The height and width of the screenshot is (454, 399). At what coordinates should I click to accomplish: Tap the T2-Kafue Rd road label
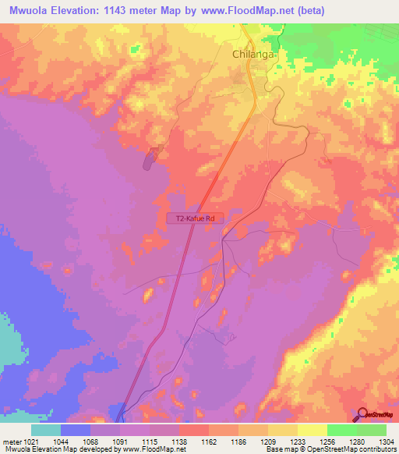coord(196,219)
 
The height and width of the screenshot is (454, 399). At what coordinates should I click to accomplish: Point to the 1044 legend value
coord(61,442)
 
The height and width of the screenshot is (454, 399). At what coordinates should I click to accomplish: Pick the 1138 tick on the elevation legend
coord(179,442)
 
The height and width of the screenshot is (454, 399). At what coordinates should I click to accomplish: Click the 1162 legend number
coord(209,442)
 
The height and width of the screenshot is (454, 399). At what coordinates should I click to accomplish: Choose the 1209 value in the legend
coord(268,442)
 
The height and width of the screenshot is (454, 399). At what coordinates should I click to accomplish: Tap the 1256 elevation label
coord(327,442)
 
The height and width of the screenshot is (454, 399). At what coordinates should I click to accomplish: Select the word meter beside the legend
coord(12,442)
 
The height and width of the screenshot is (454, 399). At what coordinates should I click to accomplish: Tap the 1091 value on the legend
coord(120,442)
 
